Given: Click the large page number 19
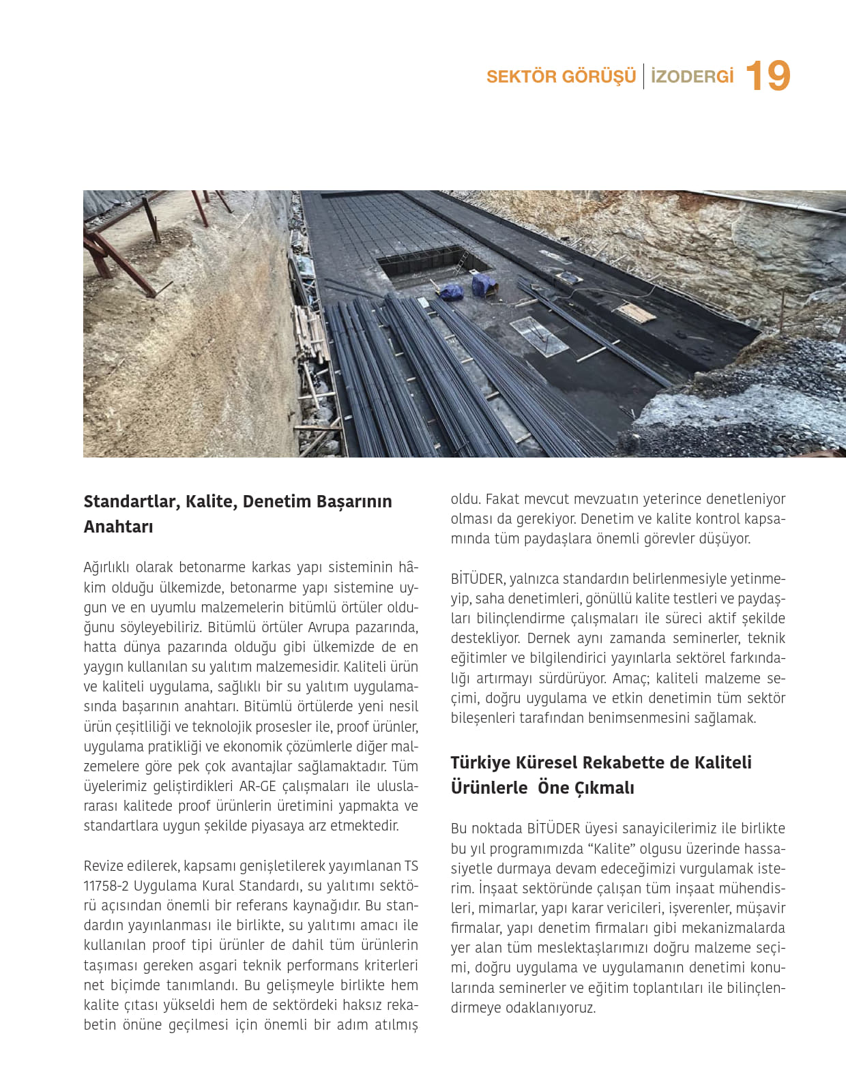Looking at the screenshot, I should click(x=768, y=76).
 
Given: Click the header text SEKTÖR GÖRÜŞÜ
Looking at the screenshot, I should click(x=561, y=76).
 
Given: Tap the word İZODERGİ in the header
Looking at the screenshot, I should click(x=692, y=76).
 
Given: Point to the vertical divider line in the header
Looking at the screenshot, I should click(x=643, y=76).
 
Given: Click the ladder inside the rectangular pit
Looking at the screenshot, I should click(x=462, y=263).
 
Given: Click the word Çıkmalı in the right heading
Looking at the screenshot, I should click(x=604, y=788).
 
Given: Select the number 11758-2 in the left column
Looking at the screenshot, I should click(x=106, y=886).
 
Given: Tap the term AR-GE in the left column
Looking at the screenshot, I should click(x=257, y=786).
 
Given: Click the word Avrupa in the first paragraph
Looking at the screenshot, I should click(x=330, y=627).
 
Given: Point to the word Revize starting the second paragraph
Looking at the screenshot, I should click(x=105, y=866).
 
